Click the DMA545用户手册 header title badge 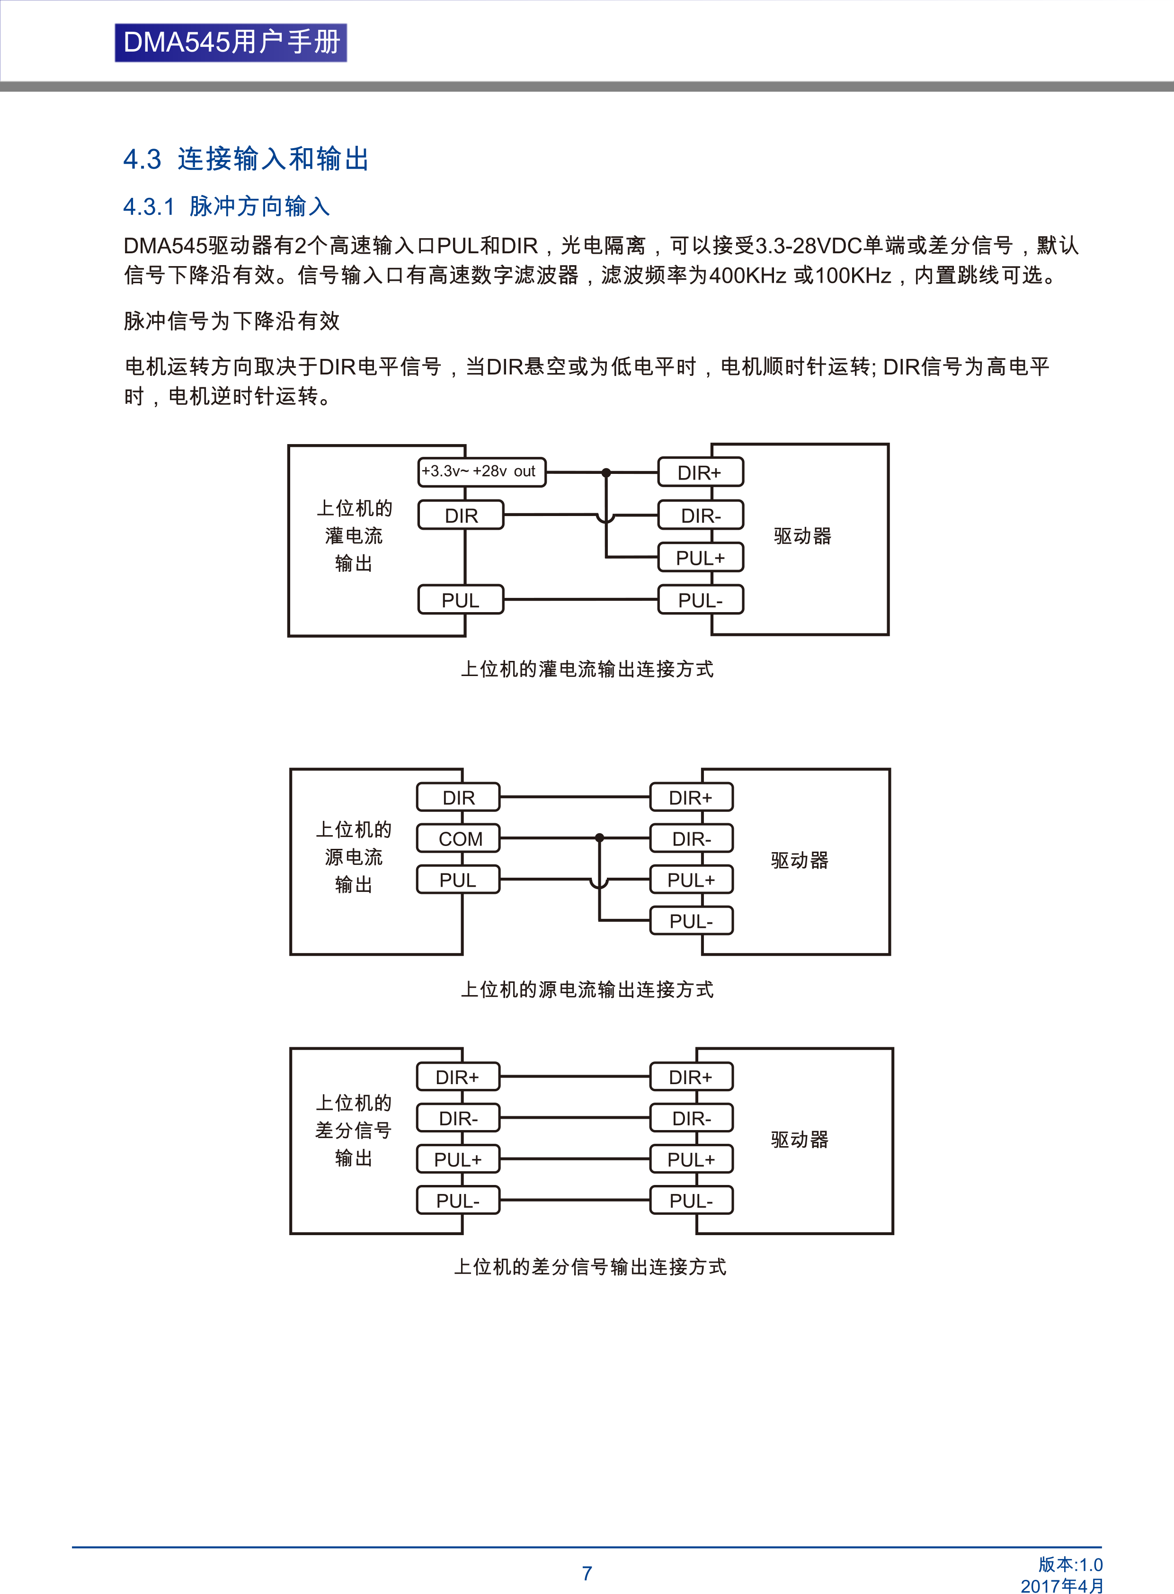(x=231, y=43)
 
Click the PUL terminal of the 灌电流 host (x=460, y=600)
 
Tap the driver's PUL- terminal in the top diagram (x=701, y=600)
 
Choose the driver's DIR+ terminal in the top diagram (x=701, y=472)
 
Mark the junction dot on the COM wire (x=600, y=838)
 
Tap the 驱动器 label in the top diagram (x=802, y=536)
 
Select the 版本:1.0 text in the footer (x=1070, y=1564)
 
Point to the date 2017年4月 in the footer (x=1062, y=1585)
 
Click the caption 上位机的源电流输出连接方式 (x=587, y=990)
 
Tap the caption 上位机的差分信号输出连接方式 (x=590, y=1267)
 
